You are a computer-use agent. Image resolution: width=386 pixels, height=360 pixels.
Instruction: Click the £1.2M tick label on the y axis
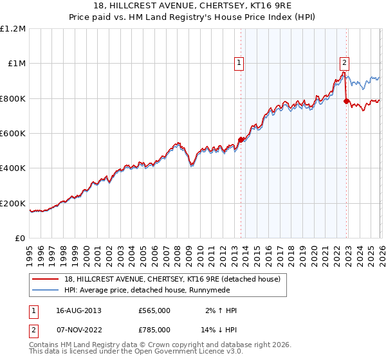point(14,29)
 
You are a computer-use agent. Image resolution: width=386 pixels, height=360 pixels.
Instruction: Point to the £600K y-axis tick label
point(13,134)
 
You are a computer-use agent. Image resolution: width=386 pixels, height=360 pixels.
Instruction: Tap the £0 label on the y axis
point(20,239)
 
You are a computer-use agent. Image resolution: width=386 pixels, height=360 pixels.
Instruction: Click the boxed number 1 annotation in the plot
point(239,63)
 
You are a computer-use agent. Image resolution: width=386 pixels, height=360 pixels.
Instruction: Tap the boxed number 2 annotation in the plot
point(344,62)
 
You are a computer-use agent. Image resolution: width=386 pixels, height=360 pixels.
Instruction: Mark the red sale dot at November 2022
point(346,101)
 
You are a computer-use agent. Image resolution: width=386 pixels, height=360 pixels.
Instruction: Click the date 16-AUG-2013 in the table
point(78,310)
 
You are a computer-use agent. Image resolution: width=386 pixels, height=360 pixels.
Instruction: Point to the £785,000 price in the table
point(154,329)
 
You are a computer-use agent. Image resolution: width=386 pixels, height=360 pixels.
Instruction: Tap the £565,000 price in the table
point(154,310)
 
